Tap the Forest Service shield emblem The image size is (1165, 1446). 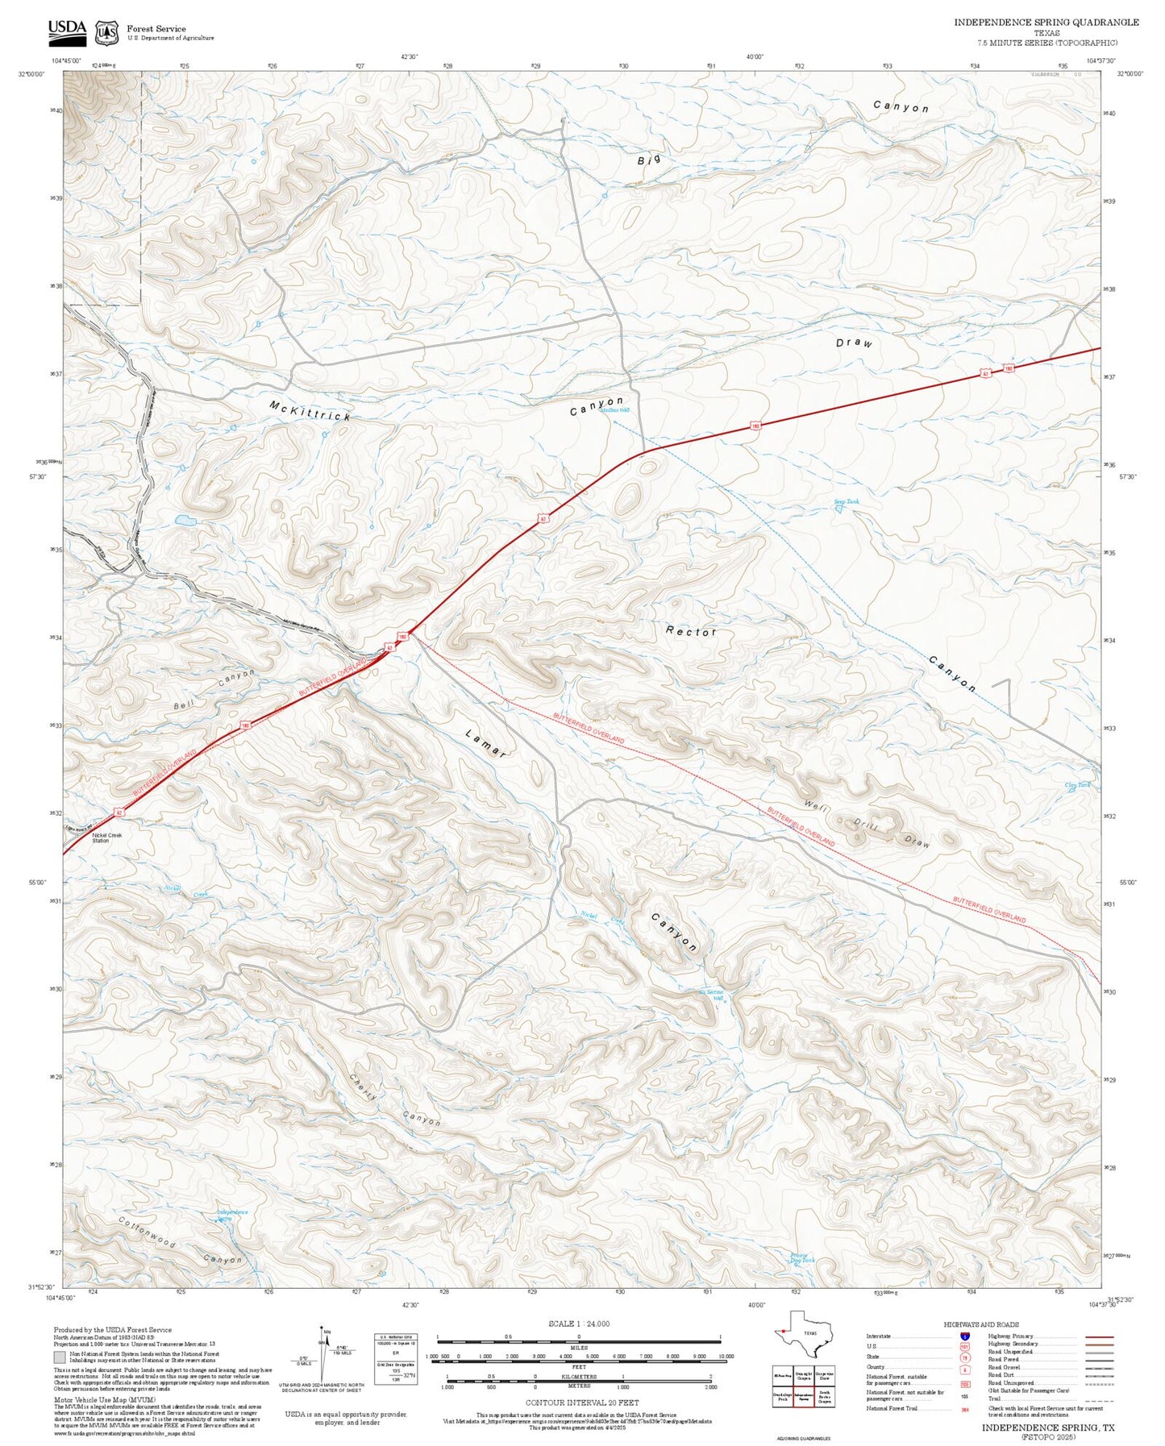pos(106,33)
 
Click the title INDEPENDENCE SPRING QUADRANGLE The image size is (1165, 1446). pos(1046,23)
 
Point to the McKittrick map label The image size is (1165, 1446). pos(310,410)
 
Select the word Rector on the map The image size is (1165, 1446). pos(691,631)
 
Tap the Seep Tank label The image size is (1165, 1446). pos(847,501)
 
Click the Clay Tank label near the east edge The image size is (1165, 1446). pos(1077,784)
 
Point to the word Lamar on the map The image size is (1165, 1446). pos(486,742)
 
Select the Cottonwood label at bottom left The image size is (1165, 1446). pos(146,1232)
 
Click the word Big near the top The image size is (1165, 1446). pos(649,160)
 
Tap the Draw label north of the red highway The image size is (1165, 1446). pos(854,343)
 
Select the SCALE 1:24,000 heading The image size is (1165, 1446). pos(578,1323)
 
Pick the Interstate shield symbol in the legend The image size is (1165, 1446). pos(964,1336)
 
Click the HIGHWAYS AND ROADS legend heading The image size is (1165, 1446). pos(980,1323)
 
